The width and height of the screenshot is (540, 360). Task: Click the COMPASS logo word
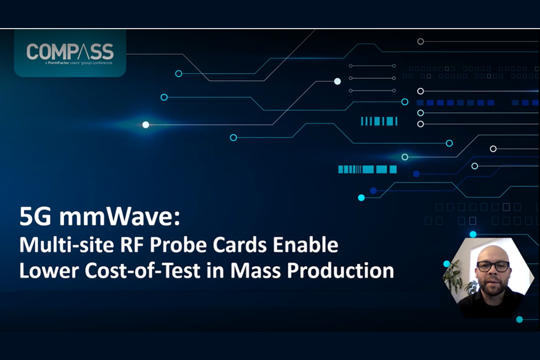70,51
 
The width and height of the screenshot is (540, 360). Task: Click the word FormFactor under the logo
58,63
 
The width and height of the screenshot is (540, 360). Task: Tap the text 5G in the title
35,216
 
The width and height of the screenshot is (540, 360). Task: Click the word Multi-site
66,244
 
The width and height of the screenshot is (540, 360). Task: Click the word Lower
49,270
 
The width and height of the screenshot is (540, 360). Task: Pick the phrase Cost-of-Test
142,270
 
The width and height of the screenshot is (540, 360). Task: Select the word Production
340,270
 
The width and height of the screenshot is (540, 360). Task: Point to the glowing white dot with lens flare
145,124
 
